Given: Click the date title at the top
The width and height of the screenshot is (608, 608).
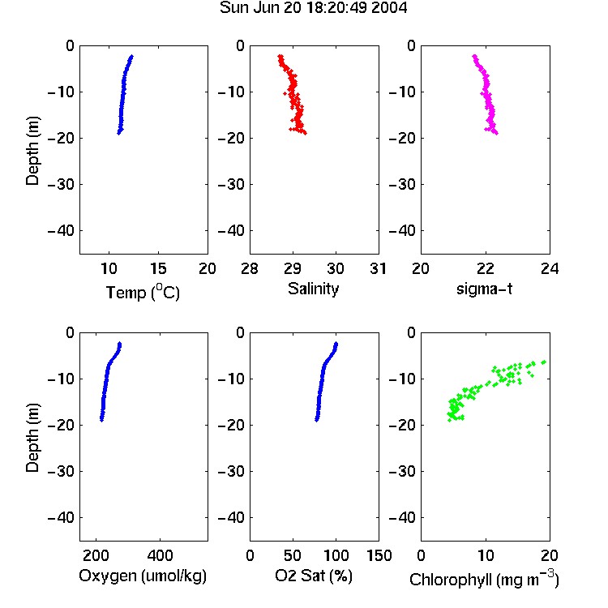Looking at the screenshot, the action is coord(313,8).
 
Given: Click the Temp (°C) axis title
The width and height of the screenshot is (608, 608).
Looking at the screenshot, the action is coord(143,293).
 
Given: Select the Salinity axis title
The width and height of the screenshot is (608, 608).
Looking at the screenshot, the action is coord(313,289).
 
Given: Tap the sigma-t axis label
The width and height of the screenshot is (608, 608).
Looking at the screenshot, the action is coord(484,289).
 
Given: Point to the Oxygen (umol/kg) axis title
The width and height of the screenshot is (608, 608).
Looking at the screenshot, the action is coord(143,576).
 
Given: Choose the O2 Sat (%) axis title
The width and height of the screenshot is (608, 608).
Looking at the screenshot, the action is coord(313,576).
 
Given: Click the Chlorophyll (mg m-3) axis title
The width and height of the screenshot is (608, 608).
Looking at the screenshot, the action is coord(484,579).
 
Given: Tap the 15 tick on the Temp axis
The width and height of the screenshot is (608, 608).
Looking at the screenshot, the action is coord(158,268).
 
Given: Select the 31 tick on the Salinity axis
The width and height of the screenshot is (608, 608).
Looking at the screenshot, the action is coord(379,268).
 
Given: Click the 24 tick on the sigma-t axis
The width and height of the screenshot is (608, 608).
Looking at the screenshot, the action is coord(550,268).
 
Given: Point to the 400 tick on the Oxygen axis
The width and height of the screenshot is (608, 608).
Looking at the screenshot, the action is coord(160,555).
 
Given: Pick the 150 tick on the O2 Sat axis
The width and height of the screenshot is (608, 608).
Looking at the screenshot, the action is coord(379,555).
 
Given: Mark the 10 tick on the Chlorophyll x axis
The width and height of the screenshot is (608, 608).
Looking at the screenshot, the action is coord(486,555).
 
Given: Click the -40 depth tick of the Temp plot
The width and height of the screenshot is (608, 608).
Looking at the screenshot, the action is coord(61,231).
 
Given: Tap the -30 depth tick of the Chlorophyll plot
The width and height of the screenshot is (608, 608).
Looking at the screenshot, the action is coord(402,471).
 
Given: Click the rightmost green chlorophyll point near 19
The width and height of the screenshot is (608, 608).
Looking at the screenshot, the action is coord(544,362).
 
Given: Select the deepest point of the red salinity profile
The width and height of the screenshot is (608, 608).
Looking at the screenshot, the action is coord(305,134).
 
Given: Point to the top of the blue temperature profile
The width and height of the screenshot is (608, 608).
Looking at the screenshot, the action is coord(132,57).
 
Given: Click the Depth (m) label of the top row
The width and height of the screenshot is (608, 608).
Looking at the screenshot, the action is coord(32,151).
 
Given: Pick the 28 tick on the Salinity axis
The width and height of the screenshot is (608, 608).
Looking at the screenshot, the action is coord(250,268).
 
